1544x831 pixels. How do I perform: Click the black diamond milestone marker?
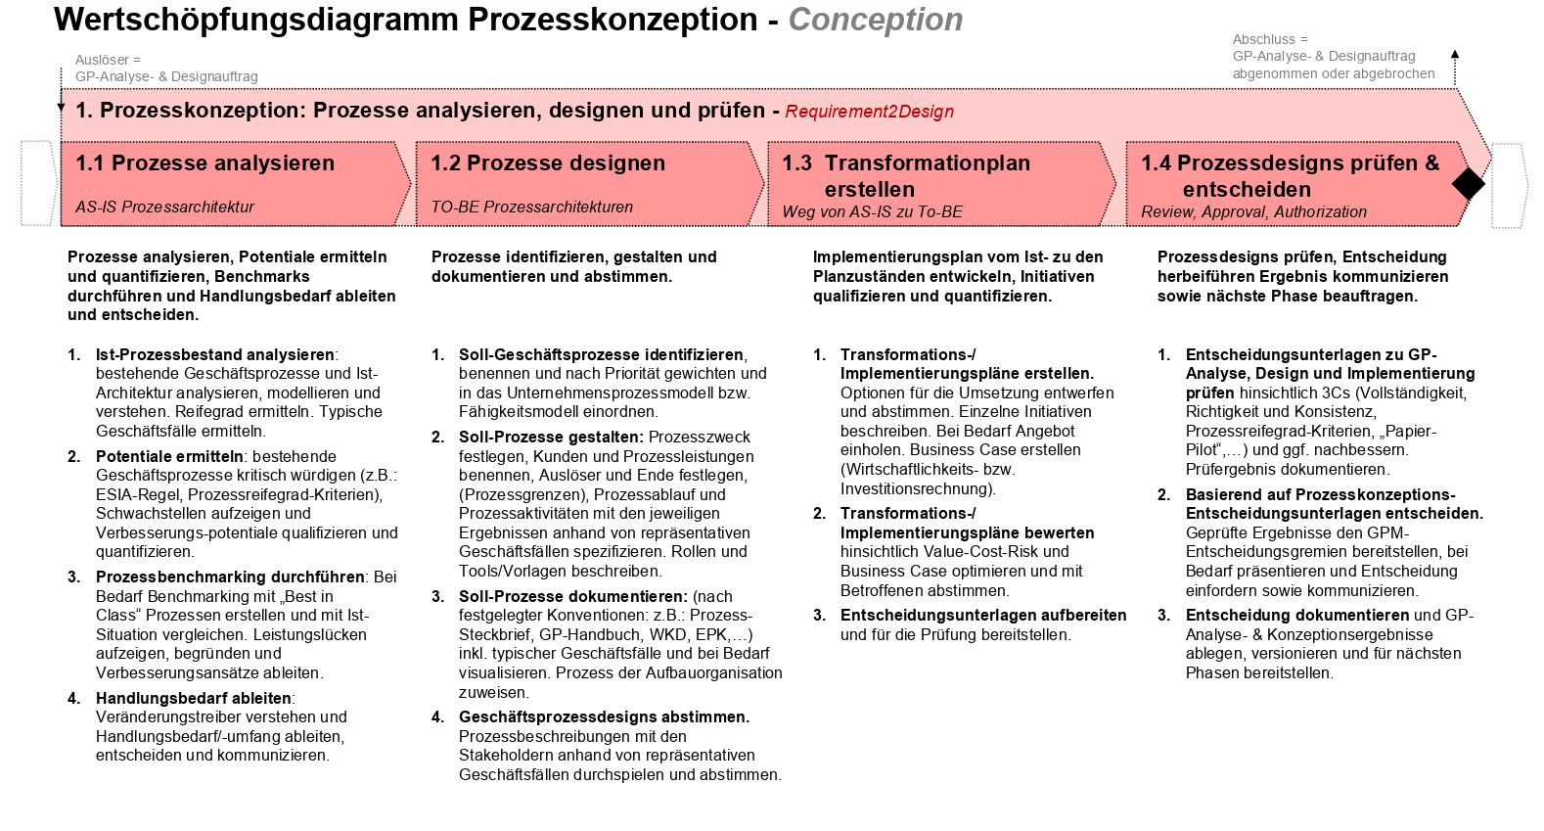pos(1468,183)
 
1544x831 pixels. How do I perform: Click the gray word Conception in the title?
pos(875,20)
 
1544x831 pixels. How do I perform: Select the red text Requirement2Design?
pos(869,112)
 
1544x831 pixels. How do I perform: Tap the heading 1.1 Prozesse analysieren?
pos(205,163)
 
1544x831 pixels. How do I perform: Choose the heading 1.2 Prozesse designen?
pos(548,163)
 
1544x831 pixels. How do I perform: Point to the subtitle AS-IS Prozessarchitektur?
pos(164,207)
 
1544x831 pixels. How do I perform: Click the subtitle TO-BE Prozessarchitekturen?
pos(531,207)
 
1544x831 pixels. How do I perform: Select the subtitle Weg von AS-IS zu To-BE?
pos(872,211)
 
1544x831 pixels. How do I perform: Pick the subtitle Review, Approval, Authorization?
pos(1253,211)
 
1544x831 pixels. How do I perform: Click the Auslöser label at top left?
pos(108,60)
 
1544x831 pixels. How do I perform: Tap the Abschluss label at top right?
pos(1270,39)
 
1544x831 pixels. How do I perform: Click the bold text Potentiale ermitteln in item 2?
pos(169,456)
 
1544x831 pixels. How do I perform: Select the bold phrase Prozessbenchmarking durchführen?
pos(230,577)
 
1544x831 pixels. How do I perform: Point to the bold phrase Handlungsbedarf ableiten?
pos(193,698)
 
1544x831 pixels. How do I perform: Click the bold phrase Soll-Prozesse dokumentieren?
pos(572,596)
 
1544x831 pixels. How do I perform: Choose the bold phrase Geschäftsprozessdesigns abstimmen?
pos(604,716)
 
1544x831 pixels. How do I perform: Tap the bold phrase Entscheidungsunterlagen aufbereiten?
pos(982,615)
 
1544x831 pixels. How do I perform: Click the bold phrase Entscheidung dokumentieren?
pos(1296,615)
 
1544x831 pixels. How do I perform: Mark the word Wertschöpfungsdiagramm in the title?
pos(256,20)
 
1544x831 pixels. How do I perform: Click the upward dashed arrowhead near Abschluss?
pos(1455,55)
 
